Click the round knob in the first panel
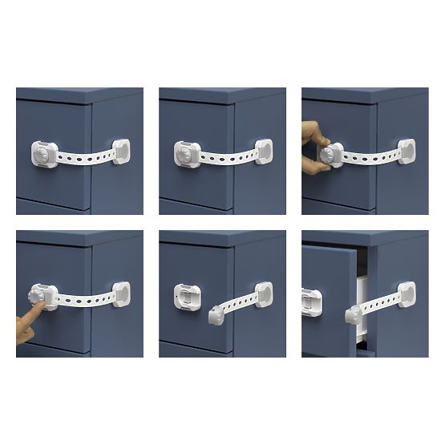[x=41, y=152]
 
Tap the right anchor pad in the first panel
[x=122, y=151]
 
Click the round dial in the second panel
[x=184, y=152]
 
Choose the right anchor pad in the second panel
[x=263, y=151]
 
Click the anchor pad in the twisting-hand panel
[x=407, y=151]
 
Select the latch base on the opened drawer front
[x=310, y=300]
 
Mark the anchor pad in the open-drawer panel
[x=407, y=293]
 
